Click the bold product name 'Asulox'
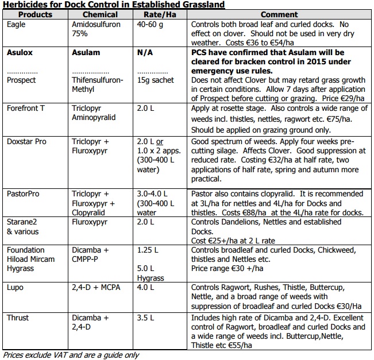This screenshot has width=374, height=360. pyautogui.click(x=20, y=53)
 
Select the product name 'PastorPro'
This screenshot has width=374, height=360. pyautogui.click(x=24, y=194)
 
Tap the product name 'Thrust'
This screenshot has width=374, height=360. pyautogui.click(x=18, y=318)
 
